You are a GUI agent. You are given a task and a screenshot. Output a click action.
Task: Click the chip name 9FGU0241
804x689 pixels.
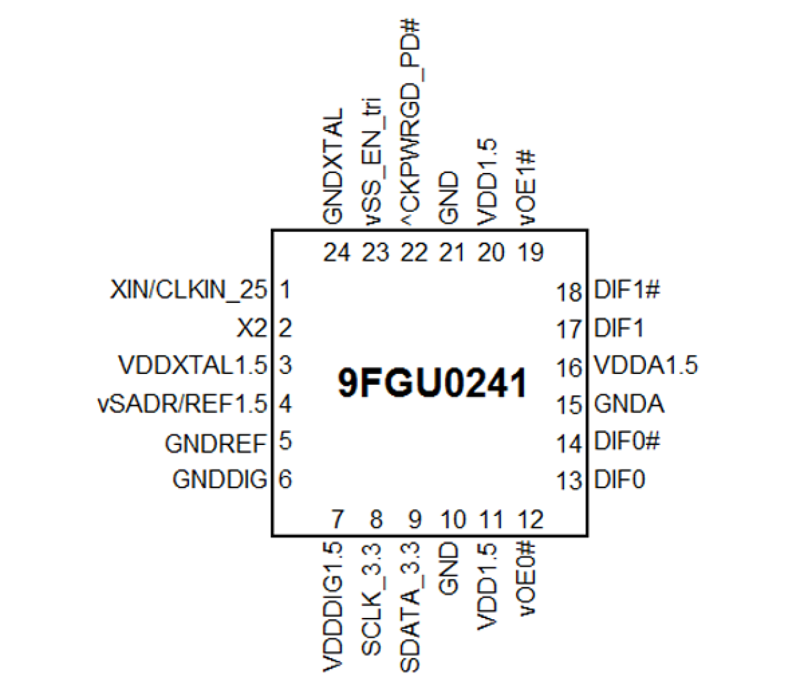[432, 383]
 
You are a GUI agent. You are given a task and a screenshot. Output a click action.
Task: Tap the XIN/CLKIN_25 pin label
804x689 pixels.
[188, 290]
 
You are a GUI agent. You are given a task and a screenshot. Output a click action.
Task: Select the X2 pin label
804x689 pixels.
[252, 328]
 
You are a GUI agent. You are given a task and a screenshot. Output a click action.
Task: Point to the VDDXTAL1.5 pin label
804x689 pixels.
[192, 366]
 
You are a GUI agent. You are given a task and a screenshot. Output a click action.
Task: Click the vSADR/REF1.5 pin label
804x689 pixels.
[182, 404]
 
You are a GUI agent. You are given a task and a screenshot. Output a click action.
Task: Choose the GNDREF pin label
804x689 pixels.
[215, 443]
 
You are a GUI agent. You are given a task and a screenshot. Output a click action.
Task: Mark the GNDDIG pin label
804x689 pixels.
[219, 480]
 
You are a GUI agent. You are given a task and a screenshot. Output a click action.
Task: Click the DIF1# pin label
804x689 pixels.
[627, 290]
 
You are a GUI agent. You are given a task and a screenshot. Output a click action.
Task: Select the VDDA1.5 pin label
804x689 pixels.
[646, 366]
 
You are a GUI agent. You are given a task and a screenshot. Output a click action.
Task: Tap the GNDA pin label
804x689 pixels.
[629, 404]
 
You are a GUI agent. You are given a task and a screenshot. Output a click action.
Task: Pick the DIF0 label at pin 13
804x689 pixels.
[620, 480]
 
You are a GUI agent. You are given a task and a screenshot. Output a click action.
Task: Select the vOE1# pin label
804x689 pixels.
[527, 187]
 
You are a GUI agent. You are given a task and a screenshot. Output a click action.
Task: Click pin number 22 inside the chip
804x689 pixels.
[414, 253]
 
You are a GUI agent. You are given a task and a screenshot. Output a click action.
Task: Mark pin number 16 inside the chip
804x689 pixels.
[568, 368]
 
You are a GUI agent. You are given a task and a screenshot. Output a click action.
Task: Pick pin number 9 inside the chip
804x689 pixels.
[415, 519]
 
